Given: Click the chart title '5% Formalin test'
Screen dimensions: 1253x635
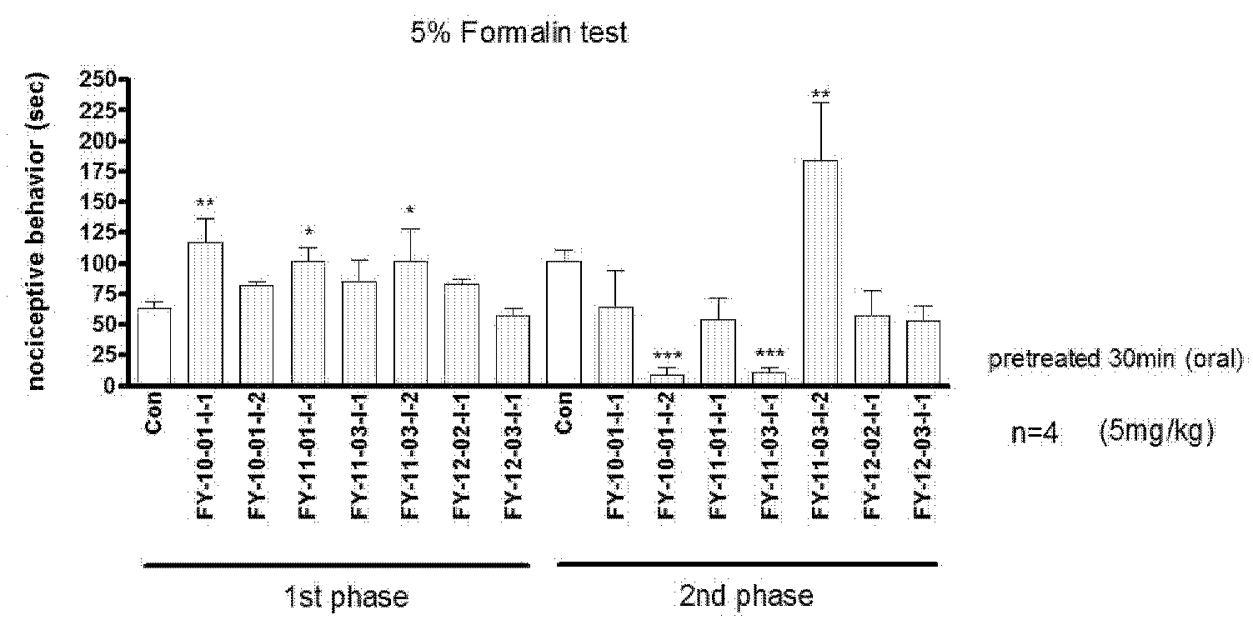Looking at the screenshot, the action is coord(519,33).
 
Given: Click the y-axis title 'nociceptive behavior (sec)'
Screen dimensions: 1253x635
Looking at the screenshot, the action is coord(38,232).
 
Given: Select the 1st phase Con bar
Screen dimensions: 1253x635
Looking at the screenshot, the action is coord(154,346).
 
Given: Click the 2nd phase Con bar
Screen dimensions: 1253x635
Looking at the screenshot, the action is coord(564,322).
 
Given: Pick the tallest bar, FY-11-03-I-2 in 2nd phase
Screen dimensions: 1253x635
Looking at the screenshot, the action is coord(820,272).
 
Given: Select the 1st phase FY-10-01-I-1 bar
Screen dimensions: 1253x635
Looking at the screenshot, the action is coord(206,313).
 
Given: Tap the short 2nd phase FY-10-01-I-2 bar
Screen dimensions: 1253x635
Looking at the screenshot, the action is coord(667,379).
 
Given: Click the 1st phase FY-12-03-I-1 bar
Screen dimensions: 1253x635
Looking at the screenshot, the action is coord(513,350).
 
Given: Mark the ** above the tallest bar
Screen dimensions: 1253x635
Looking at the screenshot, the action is coord(820,93).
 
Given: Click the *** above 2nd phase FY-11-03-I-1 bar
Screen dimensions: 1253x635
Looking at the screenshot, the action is coord(769,353).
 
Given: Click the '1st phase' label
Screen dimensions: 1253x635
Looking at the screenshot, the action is coord(347,597).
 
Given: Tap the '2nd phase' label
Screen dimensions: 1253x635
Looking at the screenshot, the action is coord(746,597).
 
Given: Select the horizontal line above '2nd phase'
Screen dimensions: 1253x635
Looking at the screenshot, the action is coord(747,564).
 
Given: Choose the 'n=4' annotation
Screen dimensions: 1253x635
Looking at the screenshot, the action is coord(1035,434).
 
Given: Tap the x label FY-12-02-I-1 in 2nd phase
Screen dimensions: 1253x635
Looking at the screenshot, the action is coord(871,456).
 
